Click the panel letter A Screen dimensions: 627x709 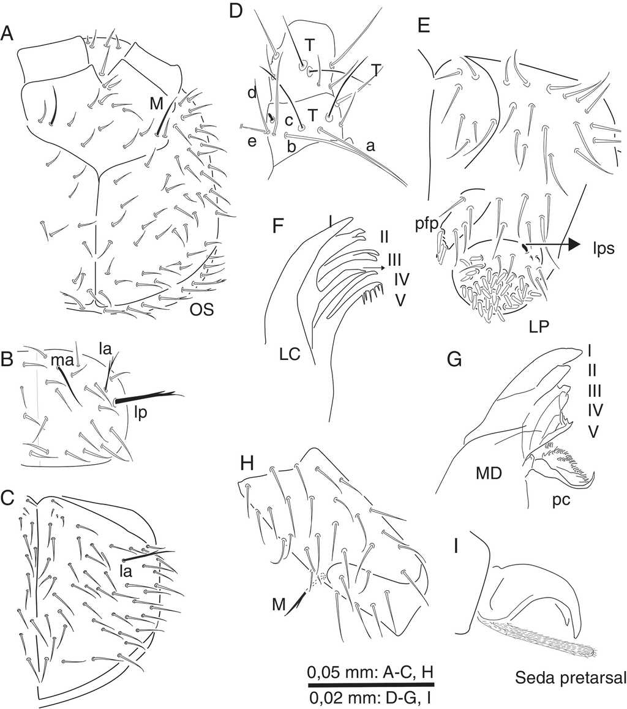click(8, 34)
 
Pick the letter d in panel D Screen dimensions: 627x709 click(251, 94)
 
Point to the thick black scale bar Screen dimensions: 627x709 click(371, 683)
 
